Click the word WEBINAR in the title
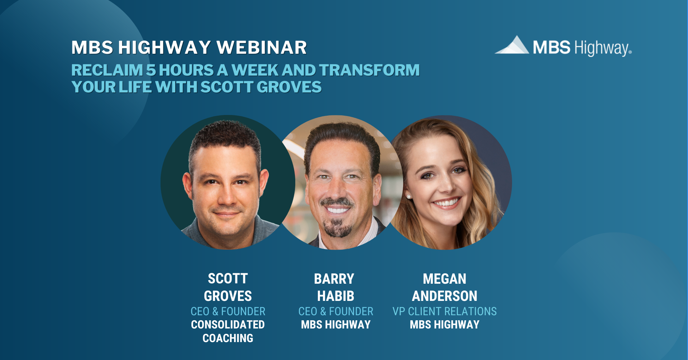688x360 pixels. [262, 48]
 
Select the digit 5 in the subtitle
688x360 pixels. [151, 70]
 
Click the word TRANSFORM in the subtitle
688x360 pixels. [369, 70]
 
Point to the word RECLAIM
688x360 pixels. [107, 70]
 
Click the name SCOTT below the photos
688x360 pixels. [228, 279]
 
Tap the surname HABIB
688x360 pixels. [336, 296]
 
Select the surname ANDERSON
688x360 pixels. [444, 296]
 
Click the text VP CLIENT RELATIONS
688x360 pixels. [444, 311]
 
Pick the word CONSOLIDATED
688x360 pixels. [228, 325]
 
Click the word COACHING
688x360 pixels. [228, 338]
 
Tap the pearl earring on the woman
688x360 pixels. [408, 197]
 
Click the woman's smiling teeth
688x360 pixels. [446, 203]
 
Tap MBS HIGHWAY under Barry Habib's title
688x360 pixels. [336, 325]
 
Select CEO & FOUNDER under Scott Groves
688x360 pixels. [228, 311]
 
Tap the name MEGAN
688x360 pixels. [444, 279]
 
